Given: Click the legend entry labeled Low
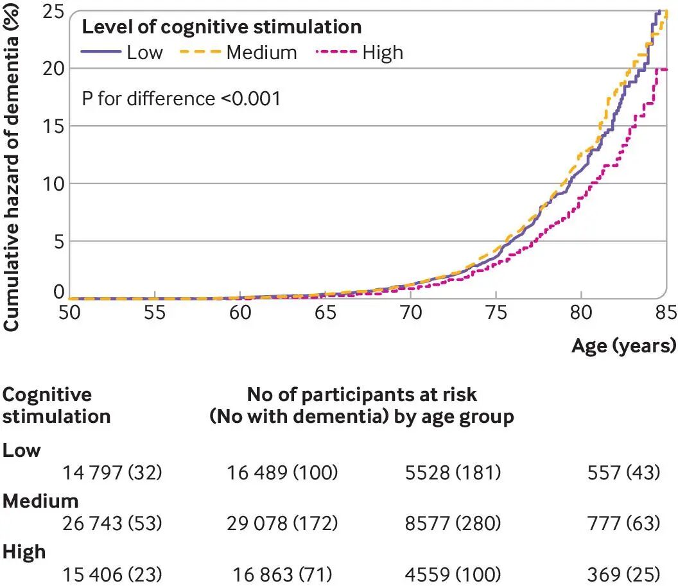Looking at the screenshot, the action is pos(122,52).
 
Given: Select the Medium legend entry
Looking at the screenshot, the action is pos(238,52).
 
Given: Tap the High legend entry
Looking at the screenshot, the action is pos(360,52).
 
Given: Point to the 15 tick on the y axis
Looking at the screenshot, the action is pos(54,126).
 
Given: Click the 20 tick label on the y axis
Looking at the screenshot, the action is pos(54,68).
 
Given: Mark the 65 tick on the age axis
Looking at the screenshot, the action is pos(325,312).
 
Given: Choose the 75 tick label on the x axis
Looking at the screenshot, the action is pos(496,312).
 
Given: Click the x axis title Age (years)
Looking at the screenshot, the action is pos(623,346).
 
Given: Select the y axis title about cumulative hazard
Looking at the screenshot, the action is pos(12,167).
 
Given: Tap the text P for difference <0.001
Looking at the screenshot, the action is pos(181,99).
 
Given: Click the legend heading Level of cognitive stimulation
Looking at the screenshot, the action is pos(222,27).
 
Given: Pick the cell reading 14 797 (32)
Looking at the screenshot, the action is pos(112,472).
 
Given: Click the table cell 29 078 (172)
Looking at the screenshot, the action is pos(282,523).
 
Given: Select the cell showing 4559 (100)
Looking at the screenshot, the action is pos(453,574).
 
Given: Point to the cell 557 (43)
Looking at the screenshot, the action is pos(623,472).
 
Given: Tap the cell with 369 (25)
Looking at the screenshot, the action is pos(623,574).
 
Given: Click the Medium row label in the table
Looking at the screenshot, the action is pos(40,501).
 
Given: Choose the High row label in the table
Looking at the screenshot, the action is pos(24,552).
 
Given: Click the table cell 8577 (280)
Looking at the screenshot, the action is pos(453,523).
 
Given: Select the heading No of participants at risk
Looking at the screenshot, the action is pos(361,395).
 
